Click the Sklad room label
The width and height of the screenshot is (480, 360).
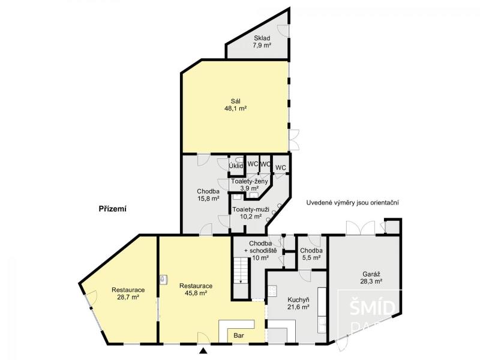(262, 38)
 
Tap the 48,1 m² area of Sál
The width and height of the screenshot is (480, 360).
(236, 108)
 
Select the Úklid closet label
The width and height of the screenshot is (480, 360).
(236, 166)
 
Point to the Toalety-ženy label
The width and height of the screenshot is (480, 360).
(250, 181)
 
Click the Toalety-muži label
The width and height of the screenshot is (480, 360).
(251, 209)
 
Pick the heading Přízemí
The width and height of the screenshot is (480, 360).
(113, 209)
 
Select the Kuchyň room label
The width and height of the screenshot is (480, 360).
(298, 299)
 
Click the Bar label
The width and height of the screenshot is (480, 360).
(239, 335)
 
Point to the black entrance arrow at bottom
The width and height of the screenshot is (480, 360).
(203, 351)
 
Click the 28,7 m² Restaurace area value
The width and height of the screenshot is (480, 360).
(128, 296)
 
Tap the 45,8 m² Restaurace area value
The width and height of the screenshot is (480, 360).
(196, 293)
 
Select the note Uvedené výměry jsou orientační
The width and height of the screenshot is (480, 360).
(352, 203)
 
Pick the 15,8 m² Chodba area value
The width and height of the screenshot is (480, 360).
(208, 199)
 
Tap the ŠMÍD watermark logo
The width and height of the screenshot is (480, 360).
(372, 308)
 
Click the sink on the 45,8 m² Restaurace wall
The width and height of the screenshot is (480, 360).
(164, 279)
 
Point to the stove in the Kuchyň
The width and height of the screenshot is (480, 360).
(272, 291)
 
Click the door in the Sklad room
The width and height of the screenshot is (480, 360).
(283, 31)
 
